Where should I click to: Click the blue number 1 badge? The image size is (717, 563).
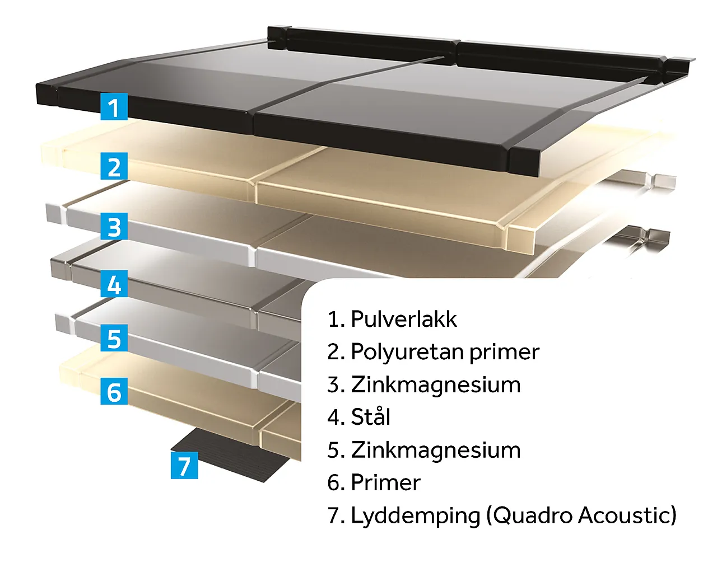tap(114, 106)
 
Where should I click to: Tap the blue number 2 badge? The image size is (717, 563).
tap(114, 166)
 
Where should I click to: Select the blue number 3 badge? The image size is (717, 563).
tap(114, 226)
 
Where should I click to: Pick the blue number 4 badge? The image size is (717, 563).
tap(114, 284)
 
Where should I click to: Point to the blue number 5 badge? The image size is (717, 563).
tap(114, 338)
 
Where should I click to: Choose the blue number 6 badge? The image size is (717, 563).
tap(114, 391)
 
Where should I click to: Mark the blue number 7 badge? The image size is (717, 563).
tap(184, 465)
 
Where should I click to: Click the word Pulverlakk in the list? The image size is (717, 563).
tap(404, 319)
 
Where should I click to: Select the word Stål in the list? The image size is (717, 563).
tap(371, 416)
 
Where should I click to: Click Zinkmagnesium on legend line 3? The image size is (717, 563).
tap(436, 385)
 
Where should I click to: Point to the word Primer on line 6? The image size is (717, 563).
tap(385, 482)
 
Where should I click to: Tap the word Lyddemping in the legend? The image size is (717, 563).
tap(416, 516)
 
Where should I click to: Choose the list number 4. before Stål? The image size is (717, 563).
tap(336, 417)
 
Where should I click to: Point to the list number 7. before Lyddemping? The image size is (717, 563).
tap(336, 515)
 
